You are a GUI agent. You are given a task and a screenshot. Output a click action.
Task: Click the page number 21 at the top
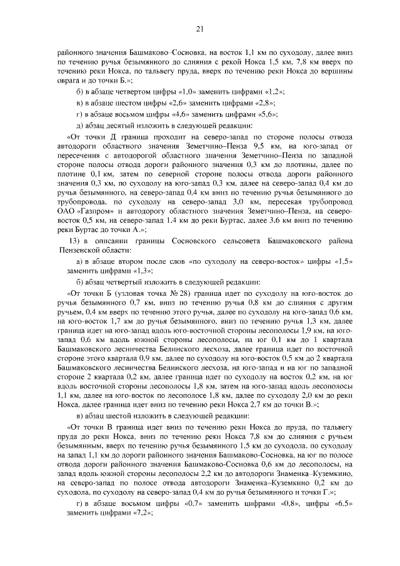(x=200, y=28)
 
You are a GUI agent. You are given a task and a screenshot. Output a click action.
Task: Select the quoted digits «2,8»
(x=265, y=103)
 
